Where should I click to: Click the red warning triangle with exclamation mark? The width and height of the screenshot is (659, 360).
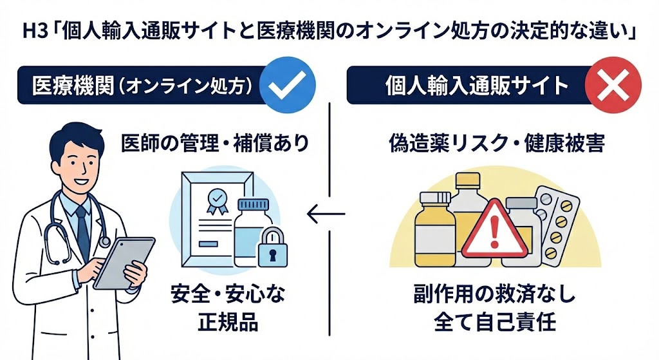click(494, 229)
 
